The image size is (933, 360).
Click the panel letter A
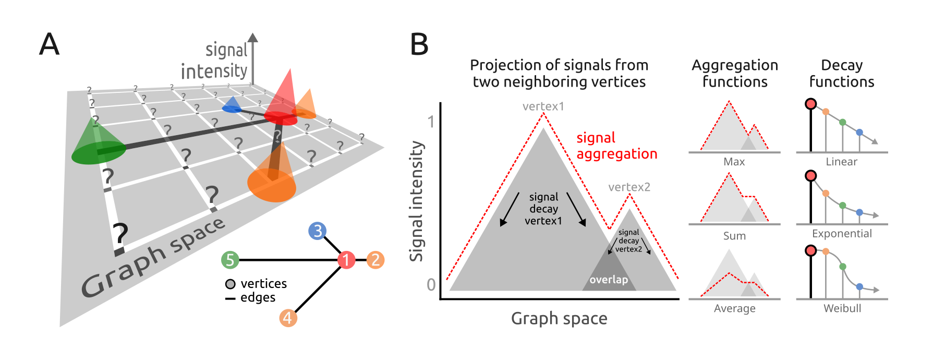(x=50, y=44)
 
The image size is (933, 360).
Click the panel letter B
(x=419, y=44)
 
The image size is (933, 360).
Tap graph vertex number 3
(x=317, y=231)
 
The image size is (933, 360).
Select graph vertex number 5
(x=230, y=259)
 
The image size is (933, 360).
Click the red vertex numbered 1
(x=346, y=259)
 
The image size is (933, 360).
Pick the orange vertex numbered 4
(x=288, y=317)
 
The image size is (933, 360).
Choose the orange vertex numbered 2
(x=375, y=259)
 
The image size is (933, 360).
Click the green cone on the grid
(x=96, y=143)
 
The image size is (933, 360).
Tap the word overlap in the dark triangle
(x=609, y=280)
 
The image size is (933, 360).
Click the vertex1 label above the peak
(x=543, y=106)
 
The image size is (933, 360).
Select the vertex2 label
(x=629, y=187)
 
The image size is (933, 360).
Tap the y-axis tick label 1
(x=431, y=122)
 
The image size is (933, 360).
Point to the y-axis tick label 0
(x=431, y=284)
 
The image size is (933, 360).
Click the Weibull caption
(x=842, y=308)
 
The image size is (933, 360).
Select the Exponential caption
(x=841, y=234)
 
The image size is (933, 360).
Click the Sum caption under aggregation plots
(x=734, y=236)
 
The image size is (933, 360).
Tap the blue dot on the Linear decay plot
(x=859, y=133)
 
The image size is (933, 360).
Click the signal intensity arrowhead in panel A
(x=253, y=38)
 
